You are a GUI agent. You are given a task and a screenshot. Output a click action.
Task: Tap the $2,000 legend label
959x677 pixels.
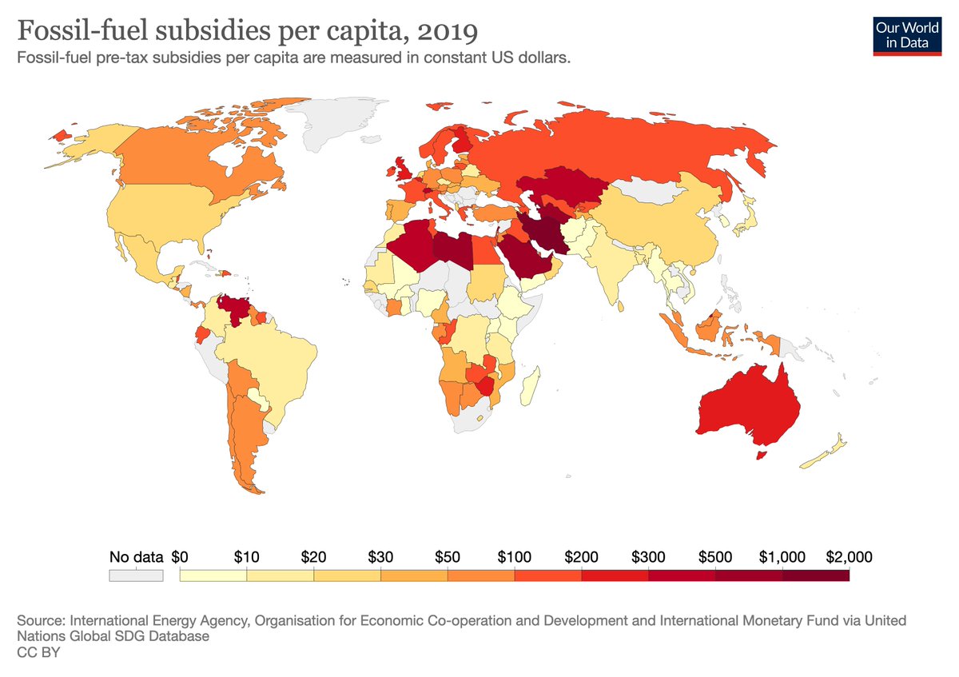pyautogui.click(x=848, y=556)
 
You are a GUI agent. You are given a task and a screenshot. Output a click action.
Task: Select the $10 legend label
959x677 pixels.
pyautogui.click(x=247, y=556)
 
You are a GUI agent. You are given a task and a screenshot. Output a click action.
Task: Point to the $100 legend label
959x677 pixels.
pyautogui.click(x=515, y=556)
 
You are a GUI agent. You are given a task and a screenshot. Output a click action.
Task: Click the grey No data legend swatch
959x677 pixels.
pyautogui.click(x=136, y=575)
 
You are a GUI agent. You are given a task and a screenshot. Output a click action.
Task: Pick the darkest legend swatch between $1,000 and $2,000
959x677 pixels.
pyautogui.click(x=815, y=575)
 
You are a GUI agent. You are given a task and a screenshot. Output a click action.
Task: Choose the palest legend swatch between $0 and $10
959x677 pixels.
pyautogui.click(x=213, y=575)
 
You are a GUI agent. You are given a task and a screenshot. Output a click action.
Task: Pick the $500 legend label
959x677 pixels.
pyautogui.click(x=714, y=556)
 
